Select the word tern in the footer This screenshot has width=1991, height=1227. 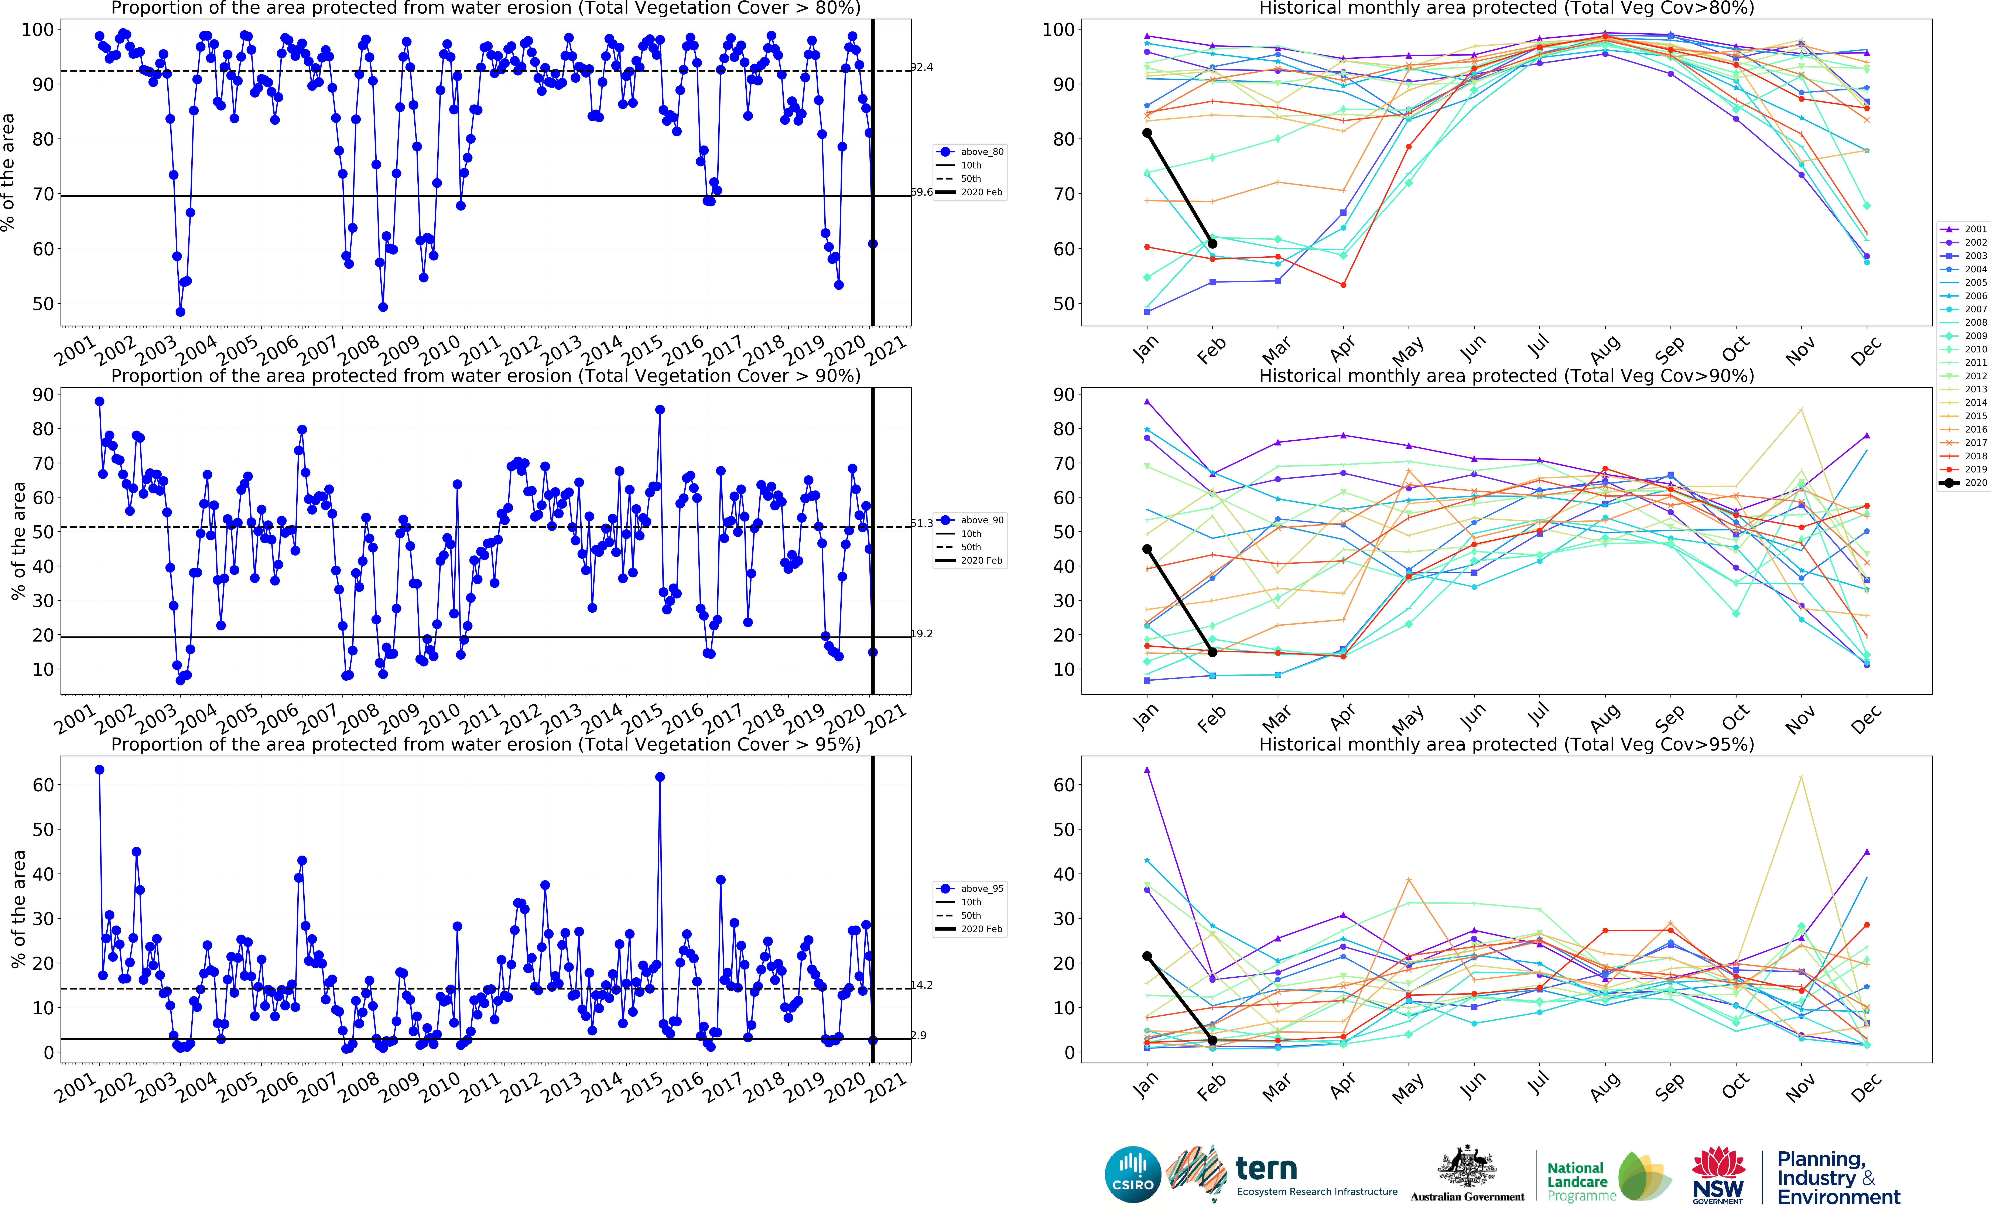click(1266, 1169)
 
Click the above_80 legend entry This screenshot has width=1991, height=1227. click(971, 152)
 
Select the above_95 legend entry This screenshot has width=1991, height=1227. click(971, 889)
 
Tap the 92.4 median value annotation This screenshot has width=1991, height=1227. click(922, 67)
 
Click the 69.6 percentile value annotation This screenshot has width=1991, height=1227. click(922, 192)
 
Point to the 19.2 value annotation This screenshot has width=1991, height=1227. click(922, 634)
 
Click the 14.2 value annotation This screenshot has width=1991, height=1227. click(922, 985)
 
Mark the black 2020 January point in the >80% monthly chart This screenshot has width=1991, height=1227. click(1147, 133)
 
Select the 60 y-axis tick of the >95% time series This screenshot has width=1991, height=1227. click(43, 785)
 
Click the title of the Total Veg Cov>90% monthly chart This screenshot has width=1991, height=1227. click(1506, 376)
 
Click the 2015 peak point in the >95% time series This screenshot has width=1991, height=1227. click(660, 777)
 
